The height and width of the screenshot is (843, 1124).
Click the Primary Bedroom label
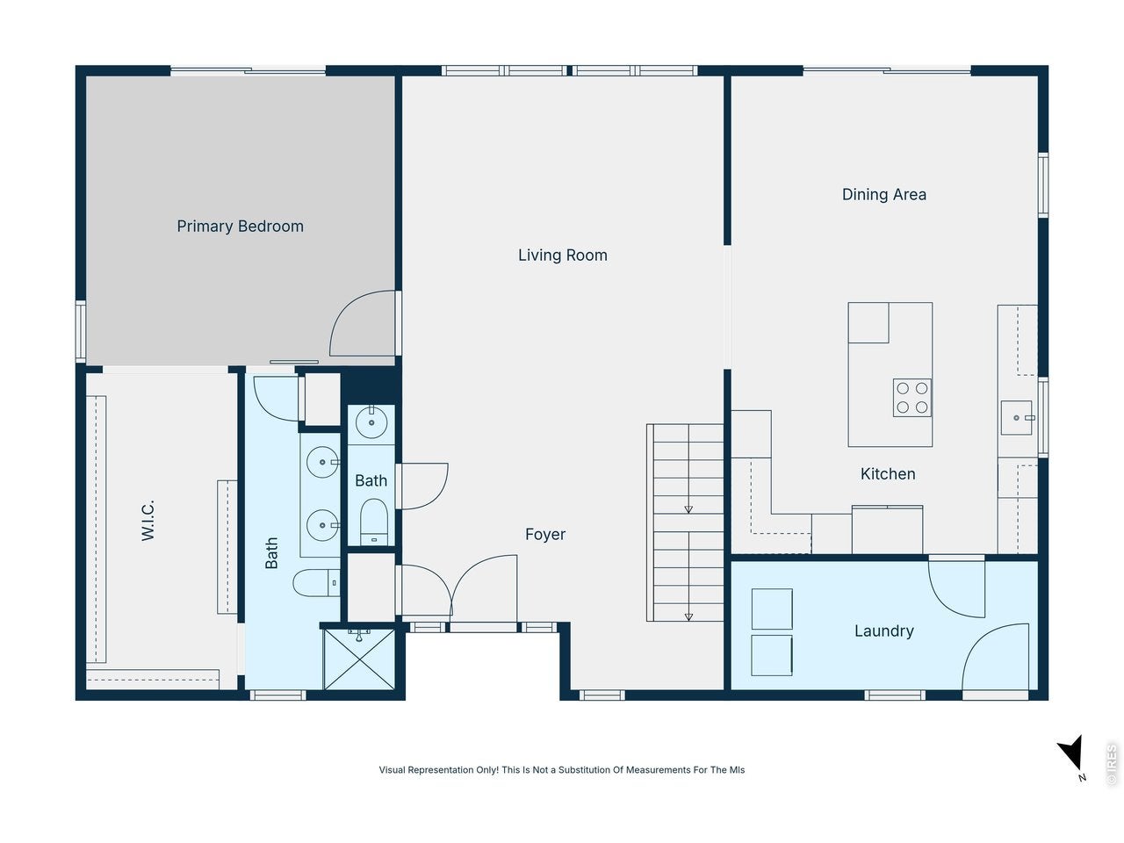click(x=240, y=227)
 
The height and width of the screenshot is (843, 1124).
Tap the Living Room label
click(x=563, y=255)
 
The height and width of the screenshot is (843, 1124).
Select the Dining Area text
click(x=884, y=194)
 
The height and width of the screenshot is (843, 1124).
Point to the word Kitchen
click(x=888, y=474)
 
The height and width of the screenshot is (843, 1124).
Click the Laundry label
click(x=884, y=631)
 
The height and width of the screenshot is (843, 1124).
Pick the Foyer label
click(x=545, y=535)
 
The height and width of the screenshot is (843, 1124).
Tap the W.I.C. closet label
click(x=148, y=521)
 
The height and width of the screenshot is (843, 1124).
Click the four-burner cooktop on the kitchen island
click(x=912, y=398)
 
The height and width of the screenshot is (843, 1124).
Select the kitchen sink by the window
click(x=1017, y=418)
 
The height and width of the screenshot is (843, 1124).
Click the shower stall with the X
click(x=360, y=659)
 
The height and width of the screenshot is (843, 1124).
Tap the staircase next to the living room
click(x=685, y=522)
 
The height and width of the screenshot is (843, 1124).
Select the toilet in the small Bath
click(x=374, y=522)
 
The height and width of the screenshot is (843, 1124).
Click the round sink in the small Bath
click(x=371, y=422)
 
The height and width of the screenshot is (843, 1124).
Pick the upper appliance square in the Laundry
click(x=772, y=609)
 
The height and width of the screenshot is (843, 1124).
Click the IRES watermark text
click(x=1112, y=764)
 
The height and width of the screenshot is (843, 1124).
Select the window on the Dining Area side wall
click(x=1043, y=184)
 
